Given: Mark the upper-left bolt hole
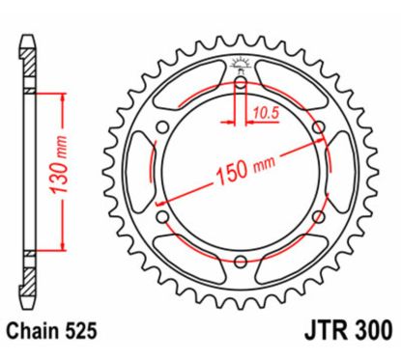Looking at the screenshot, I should point(163,128).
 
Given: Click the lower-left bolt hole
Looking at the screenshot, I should point(163,216).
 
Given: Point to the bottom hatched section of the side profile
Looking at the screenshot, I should point(30,280).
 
